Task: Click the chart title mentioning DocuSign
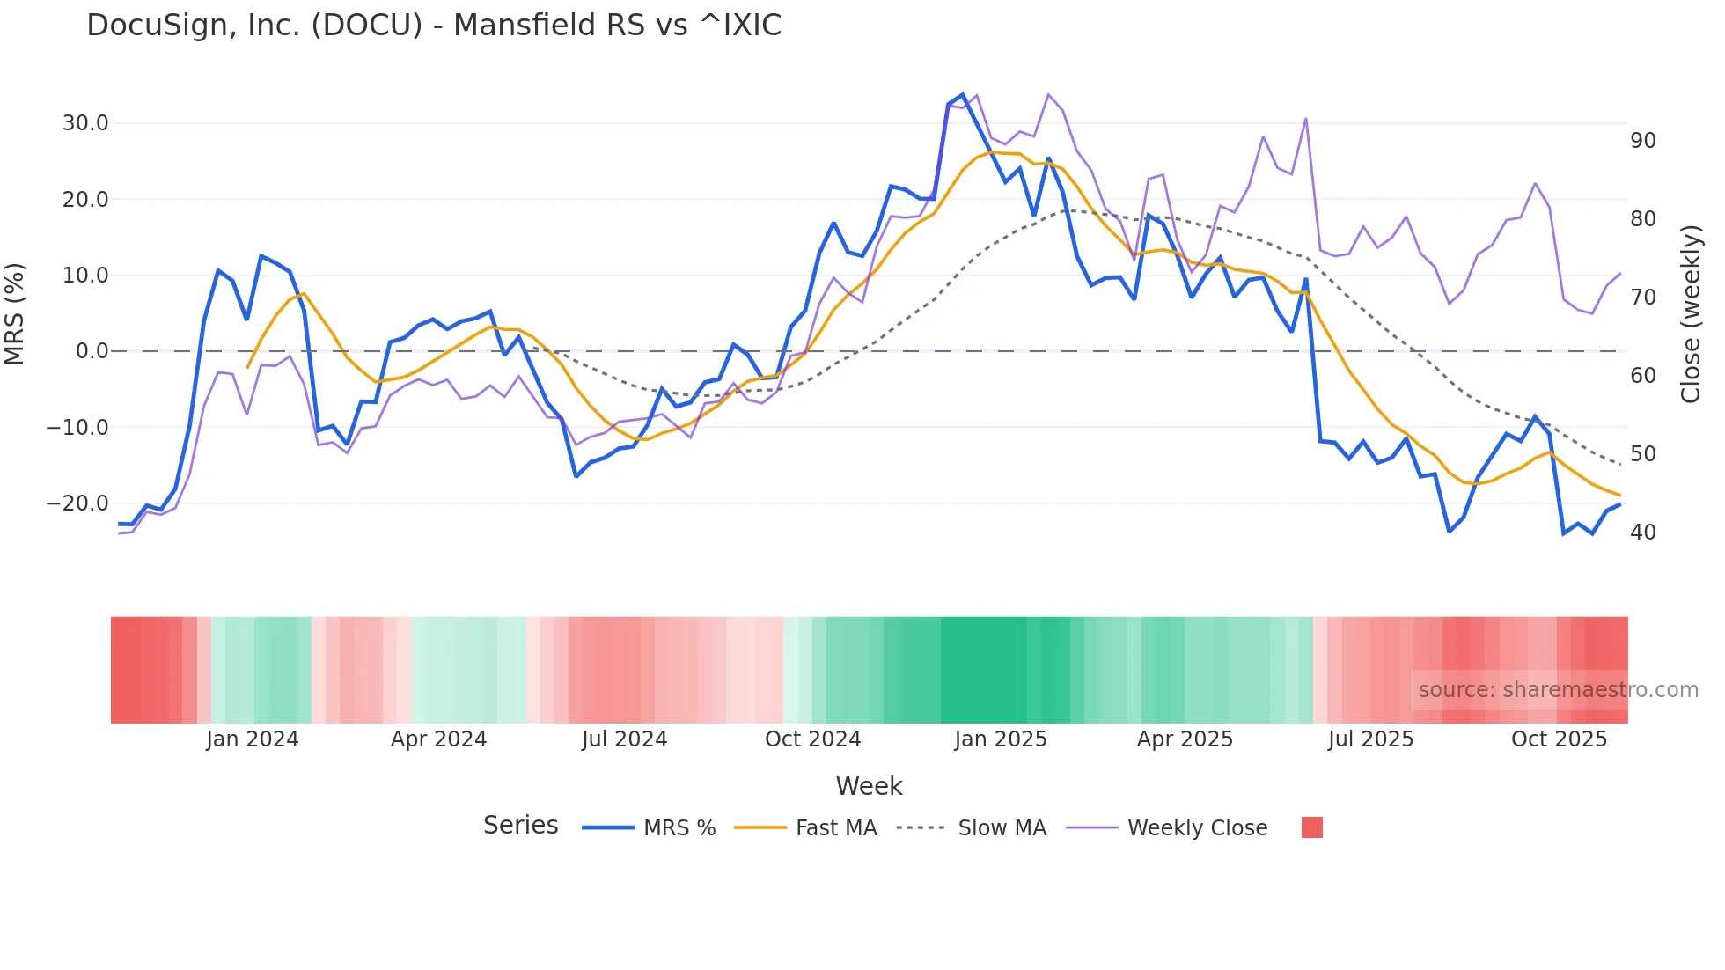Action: pos(434,26)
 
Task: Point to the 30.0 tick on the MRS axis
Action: pos(85,123)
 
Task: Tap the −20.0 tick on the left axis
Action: pos(77,503)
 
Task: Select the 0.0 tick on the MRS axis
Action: pos(92,351)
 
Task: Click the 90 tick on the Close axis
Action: pos(1642,141)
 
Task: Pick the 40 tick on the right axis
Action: pos(1642,533)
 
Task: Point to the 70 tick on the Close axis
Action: pos(1642,298)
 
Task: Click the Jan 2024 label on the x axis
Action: pos(253,739)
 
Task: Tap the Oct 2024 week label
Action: pos(812,739)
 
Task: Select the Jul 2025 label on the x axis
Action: pos(1370,739)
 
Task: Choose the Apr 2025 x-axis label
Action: pos(1185,739)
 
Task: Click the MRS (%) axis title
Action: pos(15,313)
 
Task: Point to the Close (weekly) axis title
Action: pos(1691,314)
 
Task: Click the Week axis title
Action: pos(869,786)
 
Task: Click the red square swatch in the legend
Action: pos(1311,827)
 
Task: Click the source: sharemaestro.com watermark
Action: pos(1558,690)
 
